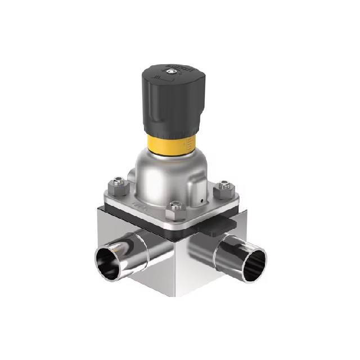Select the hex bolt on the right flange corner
coord(225,184)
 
